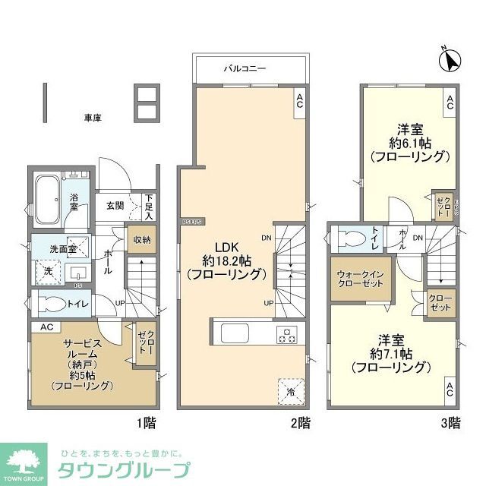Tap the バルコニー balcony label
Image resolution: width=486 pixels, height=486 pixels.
(x=244, y=68)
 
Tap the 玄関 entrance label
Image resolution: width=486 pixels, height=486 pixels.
(x=115, y=205)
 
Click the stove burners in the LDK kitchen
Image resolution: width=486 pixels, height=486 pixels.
(x=287, y=335)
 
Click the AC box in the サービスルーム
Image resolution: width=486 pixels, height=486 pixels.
(x=45, y=327)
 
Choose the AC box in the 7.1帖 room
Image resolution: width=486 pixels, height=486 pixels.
(x=450, y=392)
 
